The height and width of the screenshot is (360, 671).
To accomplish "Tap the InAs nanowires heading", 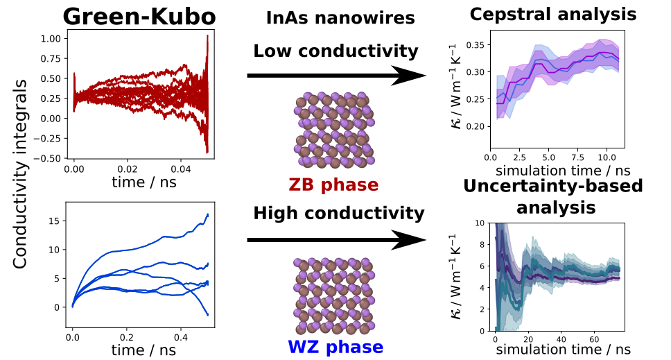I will pyautogui.click(x=340, y=19).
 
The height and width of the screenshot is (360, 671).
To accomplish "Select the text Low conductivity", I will pyautogui.click(x=335, y=51).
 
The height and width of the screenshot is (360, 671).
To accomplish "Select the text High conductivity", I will pyautogui.click(x=338, y=213).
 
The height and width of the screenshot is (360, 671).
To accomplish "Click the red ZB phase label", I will pyautogui.click(x=334, y=185).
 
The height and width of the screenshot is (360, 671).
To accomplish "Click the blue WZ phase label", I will pyautogui.click(x=335, y=346).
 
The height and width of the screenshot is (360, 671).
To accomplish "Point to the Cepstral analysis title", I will pyautogui.click(x=562, y=14).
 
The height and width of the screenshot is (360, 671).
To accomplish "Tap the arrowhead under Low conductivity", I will pyautogui.click(x=409, y=75).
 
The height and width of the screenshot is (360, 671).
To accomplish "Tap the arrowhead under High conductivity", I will pyautogui.click(x=409, y=241).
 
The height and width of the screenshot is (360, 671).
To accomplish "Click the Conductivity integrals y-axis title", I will pyautogui.click(x=21, y=173).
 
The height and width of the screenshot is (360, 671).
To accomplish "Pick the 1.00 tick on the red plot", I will pyautogui.click(x=50, y=38).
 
